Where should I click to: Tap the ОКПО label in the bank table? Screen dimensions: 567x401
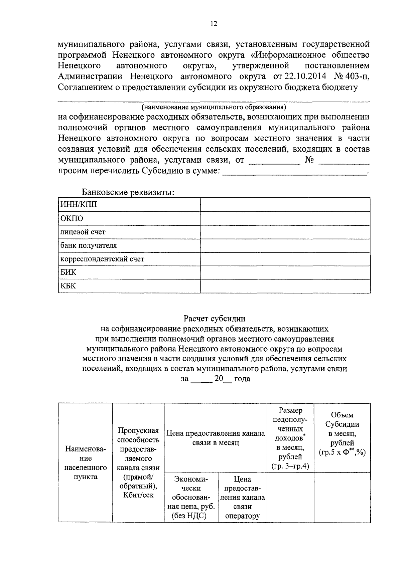click(x=72, y=218)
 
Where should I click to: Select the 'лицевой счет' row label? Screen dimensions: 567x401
click(x=83, y=232)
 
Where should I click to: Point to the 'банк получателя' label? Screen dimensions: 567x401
click(x=89, y=245)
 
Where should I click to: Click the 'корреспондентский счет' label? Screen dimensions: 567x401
click(x=102, y=259)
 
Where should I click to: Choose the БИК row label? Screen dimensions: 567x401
click(x=69, y=272)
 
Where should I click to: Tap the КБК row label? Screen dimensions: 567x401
click(x=68, y=286)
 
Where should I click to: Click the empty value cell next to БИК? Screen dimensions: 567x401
click(x=285, y=272)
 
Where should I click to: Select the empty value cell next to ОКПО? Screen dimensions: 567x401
click(x=285, y=218)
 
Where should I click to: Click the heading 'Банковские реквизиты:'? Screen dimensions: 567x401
click(x=128, y=192)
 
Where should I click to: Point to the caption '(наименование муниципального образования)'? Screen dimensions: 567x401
click(x=214, y=107)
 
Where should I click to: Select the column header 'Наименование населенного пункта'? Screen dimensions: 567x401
click(x=86, y=463)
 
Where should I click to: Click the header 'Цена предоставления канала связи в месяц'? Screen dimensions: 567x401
click(x=216, y=438)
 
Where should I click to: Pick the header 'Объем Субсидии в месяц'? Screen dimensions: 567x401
click(x=342, y=433)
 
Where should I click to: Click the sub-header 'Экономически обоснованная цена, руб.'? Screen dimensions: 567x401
click(x=191, y=497)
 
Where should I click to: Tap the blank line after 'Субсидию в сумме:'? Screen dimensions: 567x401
click(x=294, y=172)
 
